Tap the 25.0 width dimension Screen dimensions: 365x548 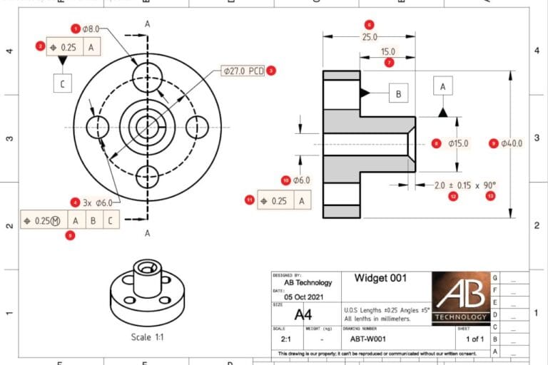coord(369,37)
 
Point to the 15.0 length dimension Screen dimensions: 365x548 coord(387,52)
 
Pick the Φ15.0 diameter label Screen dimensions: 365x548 coord(458,143)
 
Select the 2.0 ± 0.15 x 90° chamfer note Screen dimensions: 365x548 coord(465,185)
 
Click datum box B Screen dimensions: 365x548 coord(398,93)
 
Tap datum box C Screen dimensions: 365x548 coord(63,84)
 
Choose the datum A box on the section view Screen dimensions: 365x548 coord(443,86)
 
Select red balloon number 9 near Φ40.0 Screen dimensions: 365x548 coord(492,143)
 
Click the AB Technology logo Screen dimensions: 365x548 coord(460,297)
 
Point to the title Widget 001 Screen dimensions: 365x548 coord(380,278)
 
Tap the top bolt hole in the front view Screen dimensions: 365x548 coord(148,72)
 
